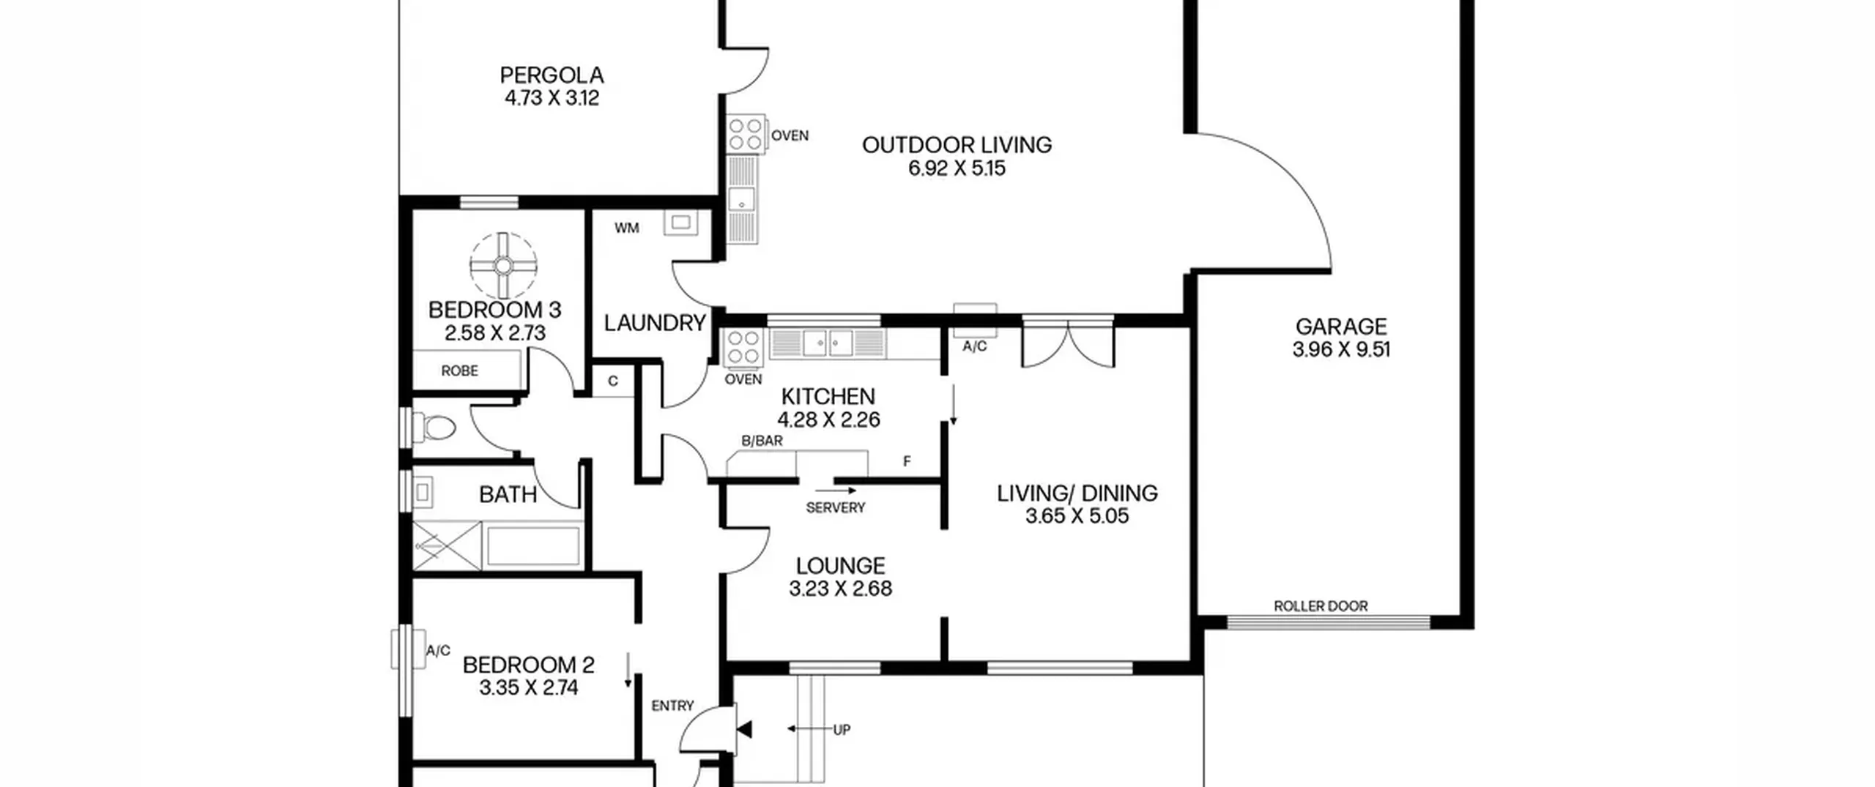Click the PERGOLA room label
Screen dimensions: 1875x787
(552, 75)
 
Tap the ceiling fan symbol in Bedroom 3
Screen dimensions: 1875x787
(503, 266)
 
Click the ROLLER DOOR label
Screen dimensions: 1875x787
(1321, 606)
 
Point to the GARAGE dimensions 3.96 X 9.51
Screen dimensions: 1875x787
(1341, 350)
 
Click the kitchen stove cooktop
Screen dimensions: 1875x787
(743, 347)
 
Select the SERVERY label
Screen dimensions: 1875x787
(835, 507)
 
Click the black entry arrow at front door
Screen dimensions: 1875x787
(744, 729)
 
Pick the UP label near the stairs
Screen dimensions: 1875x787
(842, 729)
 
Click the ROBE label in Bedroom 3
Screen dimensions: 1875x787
(459, 371)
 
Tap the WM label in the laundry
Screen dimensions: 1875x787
(627, 228)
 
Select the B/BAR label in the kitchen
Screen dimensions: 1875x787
(762, 441)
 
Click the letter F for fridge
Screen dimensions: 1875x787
(907, 461)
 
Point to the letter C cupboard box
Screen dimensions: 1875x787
(613, 381)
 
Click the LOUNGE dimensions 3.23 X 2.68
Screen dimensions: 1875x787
(840, 589)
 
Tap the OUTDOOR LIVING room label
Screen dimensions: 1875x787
(957, 145)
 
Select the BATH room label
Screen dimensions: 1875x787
(508, 495)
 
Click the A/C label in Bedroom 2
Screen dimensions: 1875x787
(438, 651)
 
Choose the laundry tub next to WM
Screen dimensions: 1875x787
(680, 222)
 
